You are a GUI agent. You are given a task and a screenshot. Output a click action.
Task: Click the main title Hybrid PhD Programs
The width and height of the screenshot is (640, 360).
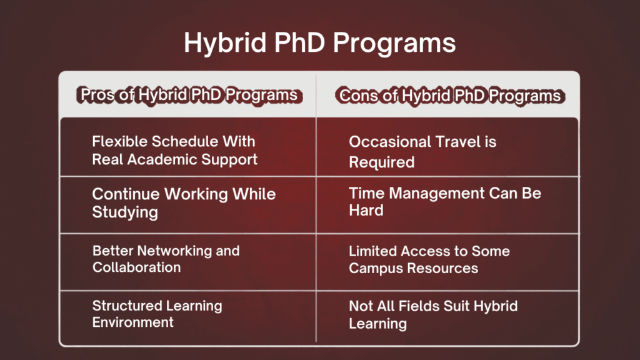(x=319, y=44)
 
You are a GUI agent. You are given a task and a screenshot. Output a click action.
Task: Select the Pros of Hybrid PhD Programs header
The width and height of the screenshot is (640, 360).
(x=188, y=96)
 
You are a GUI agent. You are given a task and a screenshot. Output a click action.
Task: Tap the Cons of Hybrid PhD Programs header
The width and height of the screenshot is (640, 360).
(x=449, y=96)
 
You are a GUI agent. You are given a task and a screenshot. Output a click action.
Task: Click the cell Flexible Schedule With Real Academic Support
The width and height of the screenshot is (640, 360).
(x=174, y=150)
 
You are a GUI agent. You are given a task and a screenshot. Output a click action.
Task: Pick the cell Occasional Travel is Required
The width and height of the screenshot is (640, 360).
(x=422, y=152)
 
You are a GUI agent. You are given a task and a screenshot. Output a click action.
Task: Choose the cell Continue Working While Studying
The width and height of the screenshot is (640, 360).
(x=184, y=202)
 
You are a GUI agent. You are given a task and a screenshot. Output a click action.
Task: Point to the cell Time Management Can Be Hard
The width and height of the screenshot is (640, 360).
(x=444, y=201)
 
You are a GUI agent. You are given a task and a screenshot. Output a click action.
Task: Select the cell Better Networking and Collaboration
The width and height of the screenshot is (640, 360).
(x=166, y=259)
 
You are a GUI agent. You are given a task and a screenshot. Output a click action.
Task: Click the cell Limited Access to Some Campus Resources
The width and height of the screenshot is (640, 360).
(x=429, y=259)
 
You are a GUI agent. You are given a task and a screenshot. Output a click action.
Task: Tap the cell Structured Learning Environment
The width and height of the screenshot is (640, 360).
(x=157, y=314)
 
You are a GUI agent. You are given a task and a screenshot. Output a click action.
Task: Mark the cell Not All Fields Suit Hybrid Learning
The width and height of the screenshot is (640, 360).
(x=432, y=314)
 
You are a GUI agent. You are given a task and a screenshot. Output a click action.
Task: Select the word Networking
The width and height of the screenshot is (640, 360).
(x=167, y=251)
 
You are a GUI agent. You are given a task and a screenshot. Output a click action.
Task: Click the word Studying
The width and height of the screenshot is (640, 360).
(x=125, y=212)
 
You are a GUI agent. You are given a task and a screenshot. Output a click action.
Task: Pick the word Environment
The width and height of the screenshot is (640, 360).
(x=132, y=322)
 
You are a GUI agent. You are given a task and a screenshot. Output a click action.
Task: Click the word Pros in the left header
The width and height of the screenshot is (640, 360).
(x=96, y=96)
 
